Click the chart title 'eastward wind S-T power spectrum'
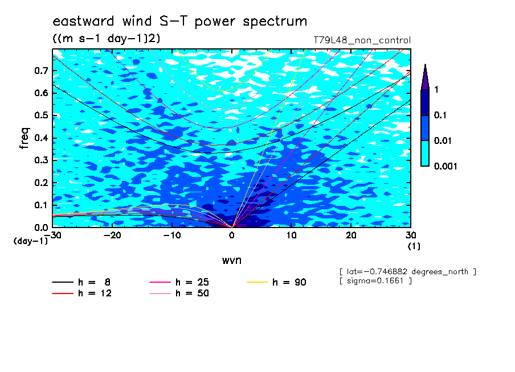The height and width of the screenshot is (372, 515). click(179, 21)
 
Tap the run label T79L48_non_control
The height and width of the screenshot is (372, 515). click(362, 40)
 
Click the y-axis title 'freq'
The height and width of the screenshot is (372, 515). click(24, 138)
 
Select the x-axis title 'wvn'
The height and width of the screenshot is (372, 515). click(232, 261)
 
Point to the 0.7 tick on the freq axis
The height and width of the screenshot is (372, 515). click(42, 71)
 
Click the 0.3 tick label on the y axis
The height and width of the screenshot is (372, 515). click(42, 160)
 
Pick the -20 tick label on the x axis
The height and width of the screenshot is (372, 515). click(112, 235)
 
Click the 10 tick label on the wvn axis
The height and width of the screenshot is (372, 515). click(291, 235)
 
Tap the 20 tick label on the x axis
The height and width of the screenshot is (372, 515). click(351, 235)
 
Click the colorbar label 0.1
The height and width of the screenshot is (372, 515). click(440, 115)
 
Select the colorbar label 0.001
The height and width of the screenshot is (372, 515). click(445, 166)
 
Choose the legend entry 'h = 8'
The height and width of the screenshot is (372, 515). click(81, 282)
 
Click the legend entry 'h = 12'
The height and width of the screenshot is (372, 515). click(82, 294)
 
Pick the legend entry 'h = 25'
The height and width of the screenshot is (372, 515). click(179, 282)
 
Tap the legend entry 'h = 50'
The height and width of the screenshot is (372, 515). click(179, 294)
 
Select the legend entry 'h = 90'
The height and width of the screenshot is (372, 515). click(276, 282)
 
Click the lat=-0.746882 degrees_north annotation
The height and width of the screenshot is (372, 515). click(407, 272)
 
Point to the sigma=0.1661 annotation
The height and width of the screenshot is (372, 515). click(375, 281)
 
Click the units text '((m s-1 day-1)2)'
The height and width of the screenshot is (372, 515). click(107, 39)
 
